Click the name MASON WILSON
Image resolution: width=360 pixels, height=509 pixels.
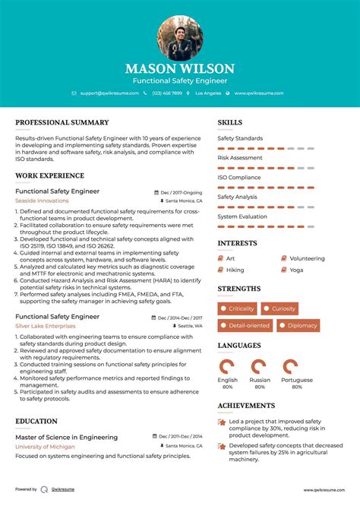180,68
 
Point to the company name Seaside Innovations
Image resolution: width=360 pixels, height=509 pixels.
42,201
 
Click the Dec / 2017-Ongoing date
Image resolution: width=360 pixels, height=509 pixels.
182,193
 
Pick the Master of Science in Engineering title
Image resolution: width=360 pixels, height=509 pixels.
66,437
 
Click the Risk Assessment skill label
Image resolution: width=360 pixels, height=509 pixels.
240,158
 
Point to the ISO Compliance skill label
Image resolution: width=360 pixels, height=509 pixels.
239,177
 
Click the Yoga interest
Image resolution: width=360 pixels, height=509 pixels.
295,270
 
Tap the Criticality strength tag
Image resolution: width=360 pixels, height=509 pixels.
238,308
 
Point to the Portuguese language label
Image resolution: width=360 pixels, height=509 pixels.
296,380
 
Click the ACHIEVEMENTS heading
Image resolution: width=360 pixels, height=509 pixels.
246,406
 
